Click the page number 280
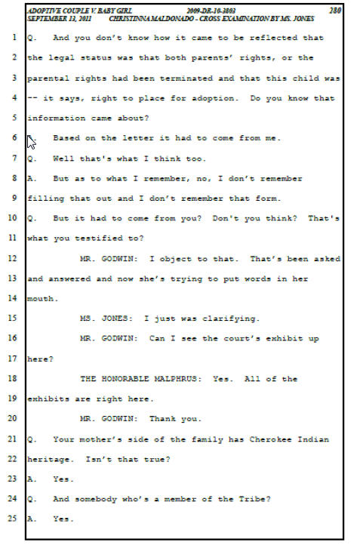point(335,11)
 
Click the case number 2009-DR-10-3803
point(211,11)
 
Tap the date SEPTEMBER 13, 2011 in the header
point(59,18)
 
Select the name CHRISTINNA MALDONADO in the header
point(152,18)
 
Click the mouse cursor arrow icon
point(31,142)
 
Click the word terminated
point(186,79)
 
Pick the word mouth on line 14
point(41,299)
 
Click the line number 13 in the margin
point(12,278)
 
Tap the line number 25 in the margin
point(12,519)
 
